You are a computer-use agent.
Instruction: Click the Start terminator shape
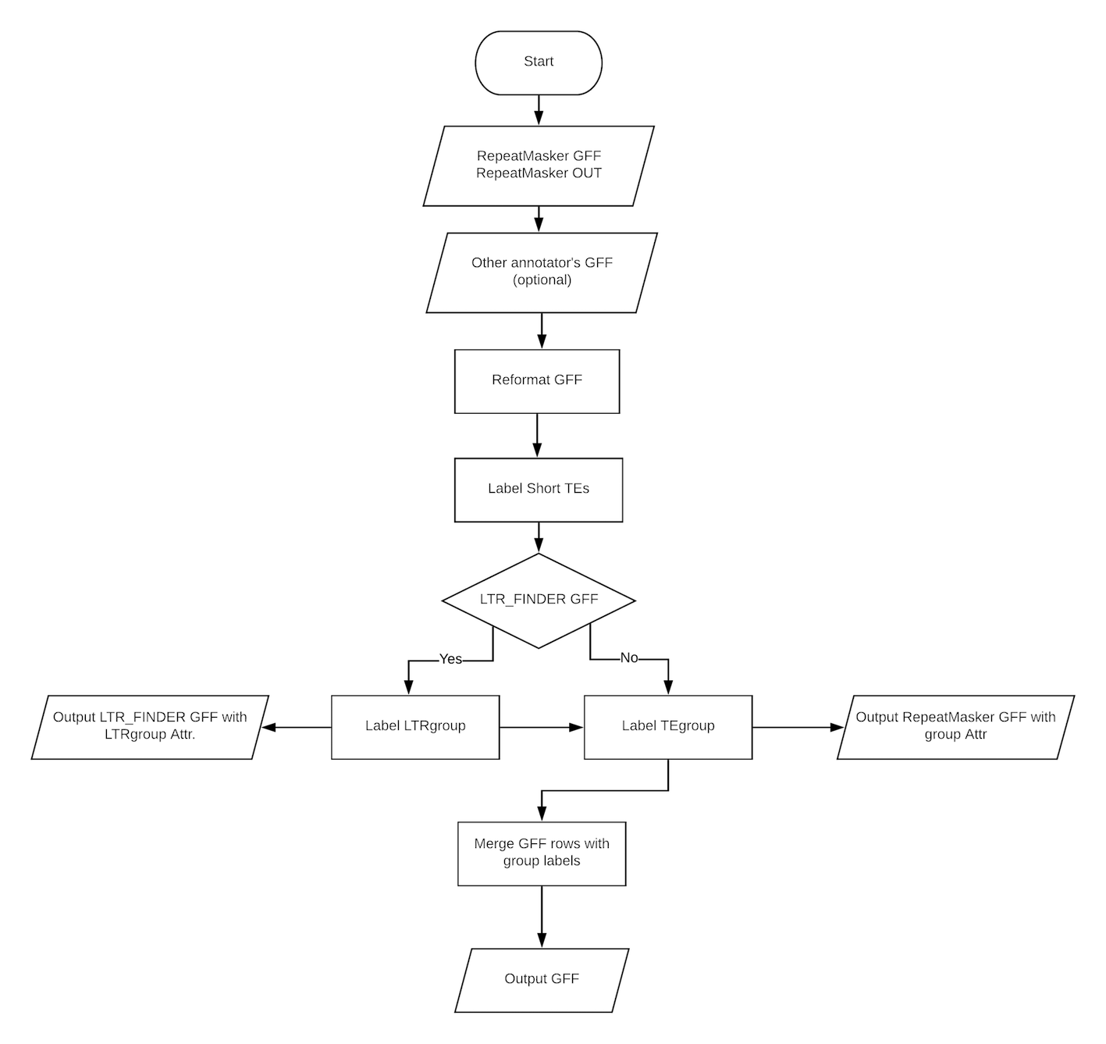pos(539,62)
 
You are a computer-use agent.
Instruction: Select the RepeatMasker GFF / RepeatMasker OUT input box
pos(539,166)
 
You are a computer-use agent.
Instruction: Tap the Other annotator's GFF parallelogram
pos(542,272)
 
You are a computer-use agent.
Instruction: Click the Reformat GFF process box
pos(537,381)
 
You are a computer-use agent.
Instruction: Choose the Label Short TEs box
pos(539,490)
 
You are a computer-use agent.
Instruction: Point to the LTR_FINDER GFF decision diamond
pos(539,600)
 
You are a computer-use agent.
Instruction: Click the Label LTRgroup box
pos(415,727)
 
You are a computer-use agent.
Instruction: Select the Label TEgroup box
pos(667,727)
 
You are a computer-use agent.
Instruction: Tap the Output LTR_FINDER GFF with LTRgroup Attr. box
pos(150,726)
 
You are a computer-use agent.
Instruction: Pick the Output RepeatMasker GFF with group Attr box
pos(955,726)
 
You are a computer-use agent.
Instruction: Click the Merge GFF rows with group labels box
pos(542,853)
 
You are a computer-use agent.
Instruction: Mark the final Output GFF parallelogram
pos(542,979)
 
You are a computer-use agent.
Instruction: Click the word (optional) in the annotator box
pos(542,280)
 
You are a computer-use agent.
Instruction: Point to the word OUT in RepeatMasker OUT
pos(586,173)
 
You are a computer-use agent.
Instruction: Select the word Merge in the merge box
pos(494,844)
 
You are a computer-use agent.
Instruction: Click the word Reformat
pos(521,380)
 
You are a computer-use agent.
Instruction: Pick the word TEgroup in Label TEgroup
pos(687,726)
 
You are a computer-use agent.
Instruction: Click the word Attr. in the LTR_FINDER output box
pos(181,735)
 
